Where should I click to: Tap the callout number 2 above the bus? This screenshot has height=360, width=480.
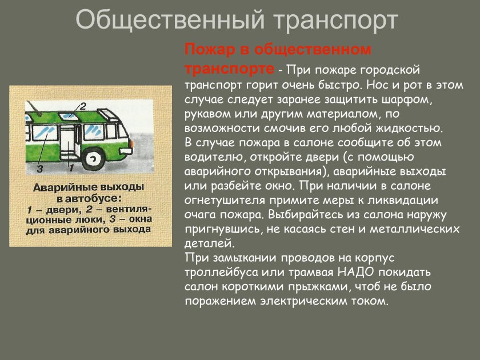click(82, 106)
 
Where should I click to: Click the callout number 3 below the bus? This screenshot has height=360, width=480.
click(39, 169)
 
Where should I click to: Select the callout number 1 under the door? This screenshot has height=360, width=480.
click(71, 169)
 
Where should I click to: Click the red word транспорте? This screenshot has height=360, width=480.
click(229, 68)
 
